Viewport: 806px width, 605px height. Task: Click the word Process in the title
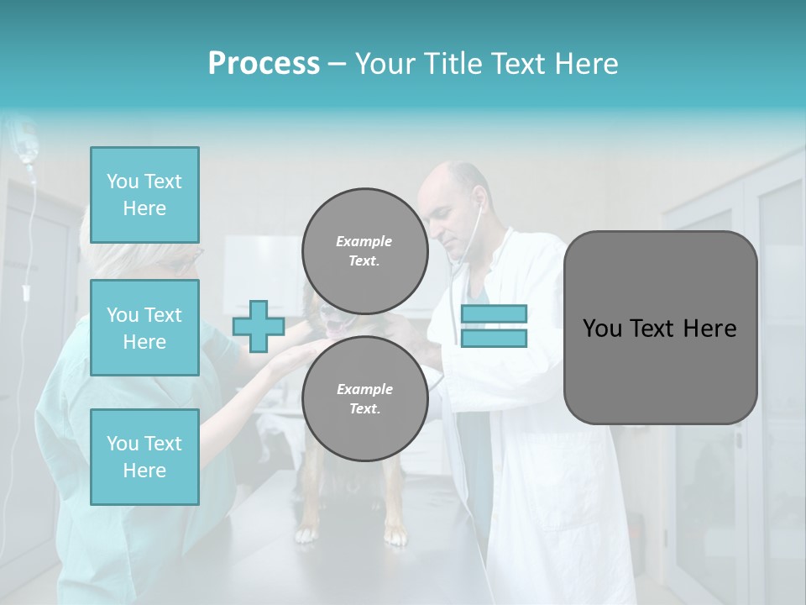[264, 64]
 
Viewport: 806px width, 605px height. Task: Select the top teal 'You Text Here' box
[144, 195]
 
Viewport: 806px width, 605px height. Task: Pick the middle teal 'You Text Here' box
[144, 328]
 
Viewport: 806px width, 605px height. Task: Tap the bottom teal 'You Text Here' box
[144, 457]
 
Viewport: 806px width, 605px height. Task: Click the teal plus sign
[259, 326]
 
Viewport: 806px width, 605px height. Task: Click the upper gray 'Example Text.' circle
[364, 251]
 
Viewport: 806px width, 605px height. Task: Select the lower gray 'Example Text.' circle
[364, 399]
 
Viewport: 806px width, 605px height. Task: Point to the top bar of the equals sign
[494, 314]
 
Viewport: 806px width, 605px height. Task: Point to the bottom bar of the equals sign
[494, 339]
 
